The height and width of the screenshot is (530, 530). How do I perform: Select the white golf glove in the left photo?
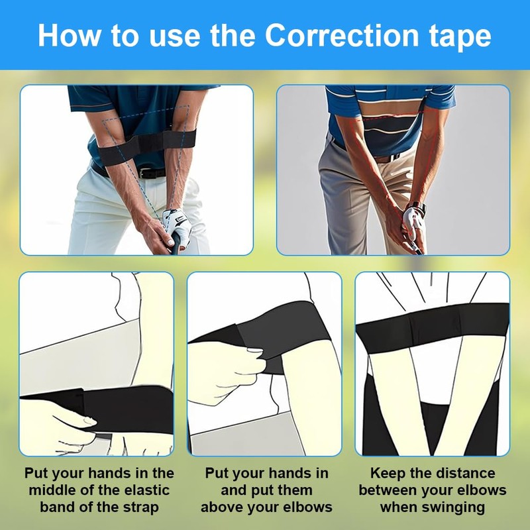(x=178, y=225)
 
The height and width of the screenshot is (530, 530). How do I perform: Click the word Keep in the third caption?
(x=387, y=474)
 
